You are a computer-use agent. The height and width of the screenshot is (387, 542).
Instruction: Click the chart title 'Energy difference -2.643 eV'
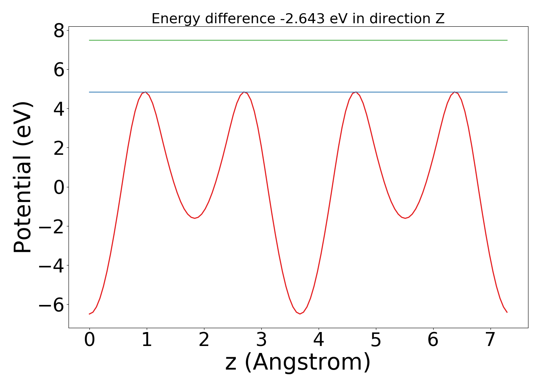tap(298, 19)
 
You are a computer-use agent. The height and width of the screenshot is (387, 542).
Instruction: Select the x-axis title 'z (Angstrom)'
tap(298, 362)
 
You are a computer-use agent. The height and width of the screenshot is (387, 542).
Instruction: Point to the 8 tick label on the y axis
tap(59, 31)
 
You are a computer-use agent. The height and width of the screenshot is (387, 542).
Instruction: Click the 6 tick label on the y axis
tap(59, 70)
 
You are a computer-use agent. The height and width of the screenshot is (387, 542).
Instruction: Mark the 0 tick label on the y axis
tap(59, 187)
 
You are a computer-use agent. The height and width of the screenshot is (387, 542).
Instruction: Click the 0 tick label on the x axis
tap(89, 340)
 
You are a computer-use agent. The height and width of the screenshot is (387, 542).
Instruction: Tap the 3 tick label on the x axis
tap(261, 340)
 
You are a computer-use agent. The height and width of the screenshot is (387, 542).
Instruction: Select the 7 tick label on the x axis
tap(491, 340)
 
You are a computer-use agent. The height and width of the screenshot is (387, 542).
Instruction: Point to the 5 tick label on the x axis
tap(376, 340)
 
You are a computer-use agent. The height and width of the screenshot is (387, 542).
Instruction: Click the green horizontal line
tap(298, 40)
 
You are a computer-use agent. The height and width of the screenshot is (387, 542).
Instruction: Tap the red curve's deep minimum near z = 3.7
tap(300, 313)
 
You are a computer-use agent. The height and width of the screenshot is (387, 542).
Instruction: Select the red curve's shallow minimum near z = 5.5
tap(405, 218)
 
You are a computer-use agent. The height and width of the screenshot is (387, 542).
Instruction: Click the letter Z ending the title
tap(440, 19)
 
